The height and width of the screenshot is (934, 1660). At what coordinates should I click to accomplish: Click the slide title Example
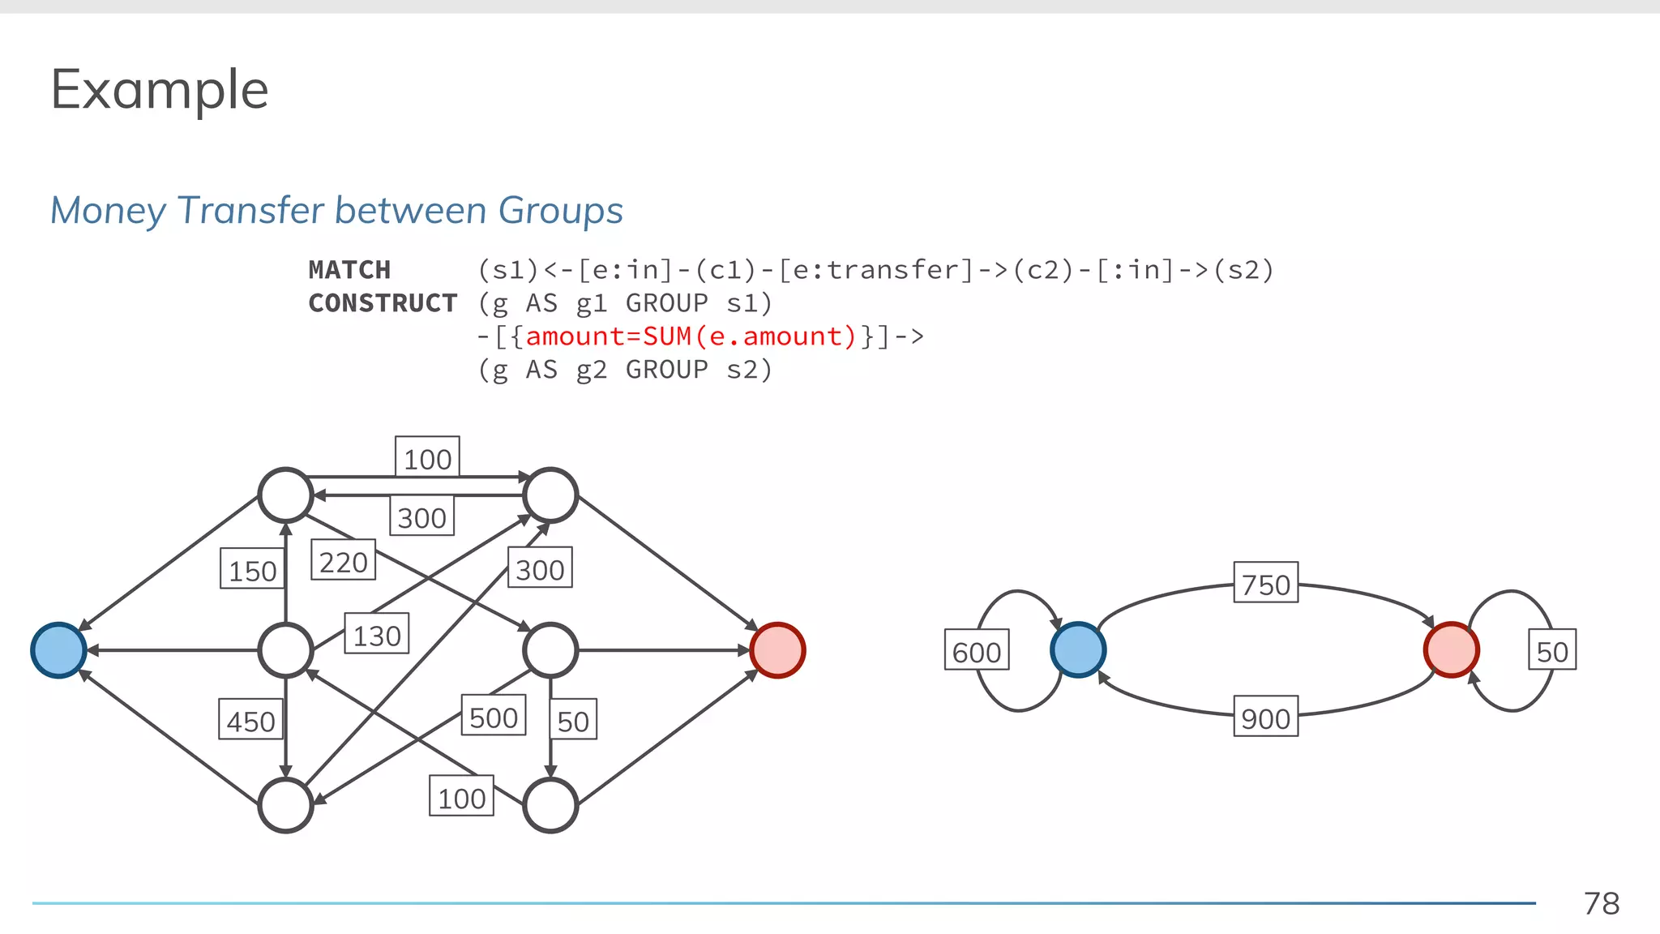click(159, 89)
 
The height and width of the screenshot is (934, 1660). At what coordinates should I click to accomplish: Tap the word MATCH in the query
click(349, 270)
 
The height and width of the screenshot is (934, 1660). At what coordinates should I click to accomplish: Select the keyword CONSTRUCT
click(383, 303)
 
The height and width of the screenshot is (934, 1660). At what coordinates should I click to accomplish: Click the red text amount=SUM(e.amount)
click(691, 336)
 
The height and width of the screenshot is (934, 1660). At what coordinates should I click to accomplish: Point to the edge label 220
click(343, 561)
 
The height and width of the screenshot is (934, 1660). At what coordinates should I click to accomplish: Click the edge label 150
click(252, 570)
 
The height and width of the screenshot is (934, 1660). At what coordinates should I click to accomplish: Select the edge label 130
click(376, 635)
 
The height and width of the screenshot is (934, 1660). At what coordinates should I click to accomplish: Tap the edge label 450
click(250, 721)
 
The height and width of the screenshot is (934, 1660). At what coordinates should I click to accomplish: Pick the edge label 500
click(493, 717)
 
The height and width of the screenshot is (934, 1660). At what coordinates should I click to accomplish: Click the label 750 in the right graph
click(1265, 584)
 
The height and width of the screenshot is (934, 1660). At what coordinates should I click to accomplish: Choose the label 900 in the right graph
click(1265, 718)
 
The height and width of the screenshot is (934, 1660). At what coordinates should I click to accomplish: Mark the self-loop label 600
click(976, 651)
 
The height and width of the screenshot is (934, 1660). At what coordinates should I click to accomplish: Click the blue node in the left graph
click(58, 650)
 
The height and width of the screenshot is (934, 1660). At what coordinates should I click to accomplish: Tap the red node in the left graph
click(777, 650)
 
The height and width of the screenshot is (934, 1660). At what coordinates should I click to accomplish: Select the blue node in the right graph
click(1077, 650)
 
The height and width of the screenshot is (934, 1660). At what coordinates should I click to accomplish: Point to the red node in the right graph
click(1451, 650)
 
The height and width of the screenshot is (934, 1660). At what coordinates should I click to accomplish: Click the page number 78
click(1601, 903)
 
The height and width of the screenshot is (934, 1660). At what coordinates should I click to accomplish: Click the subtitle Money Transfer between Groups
click(336, 210)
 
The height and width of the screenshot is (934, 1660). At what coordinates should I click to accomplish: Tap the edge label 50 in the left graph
click(573, 720)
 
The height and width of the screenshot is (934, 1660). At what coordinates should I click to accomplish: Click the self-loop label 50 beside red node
click(1551, 651)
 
